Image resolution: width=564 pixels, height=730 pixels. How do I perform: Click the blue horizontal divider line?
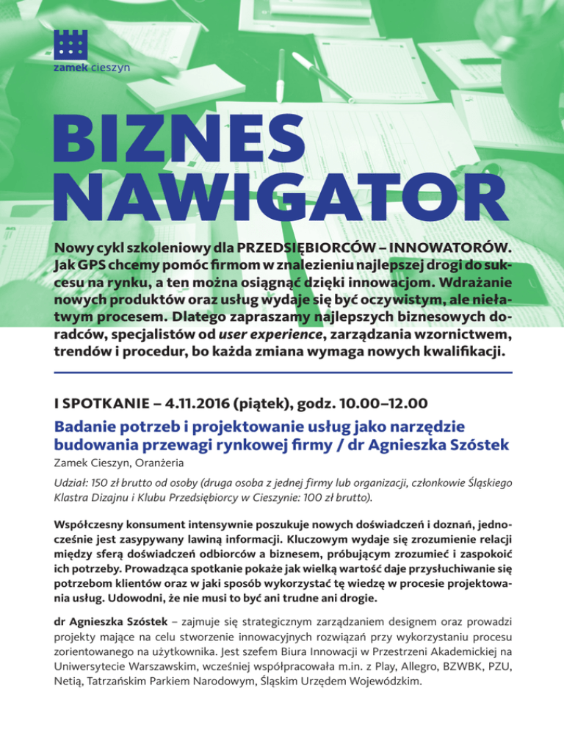[282, 373]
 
